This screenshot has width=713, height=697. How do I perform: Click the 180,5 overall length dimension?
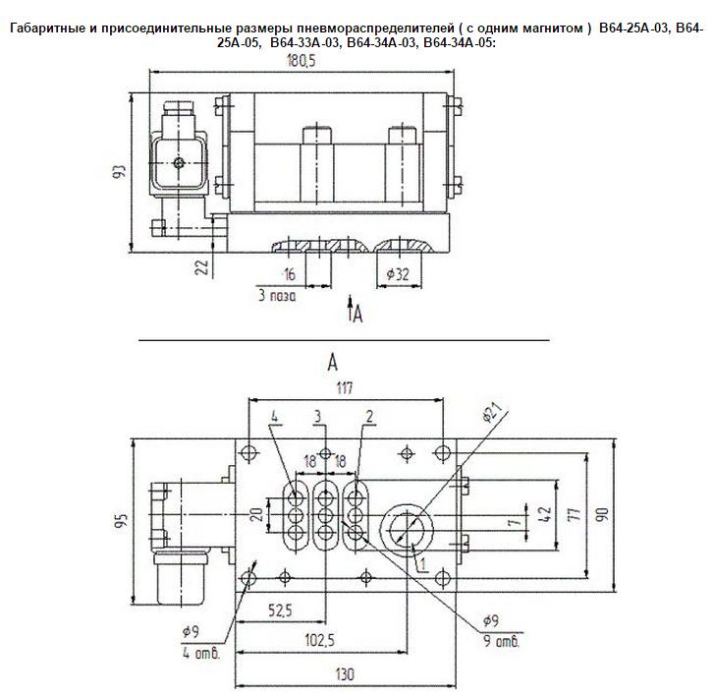[302, 61]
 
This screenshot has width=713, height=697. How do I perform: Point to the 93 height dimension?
[119, 172]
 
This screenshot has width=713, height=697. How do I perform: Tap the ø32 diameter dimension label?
[398, 274]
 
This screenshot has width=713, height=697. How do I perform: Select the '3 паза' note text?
[277, 296]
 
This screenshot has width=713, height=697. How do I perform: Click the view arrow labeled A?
[351, 309]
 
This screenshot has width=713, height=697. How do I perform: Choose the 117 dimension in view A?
[344, 388]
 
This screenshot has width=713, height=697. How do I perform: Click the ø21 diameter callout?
[492, 413]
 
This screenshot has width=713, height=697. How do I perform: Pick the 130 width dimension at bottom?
[344, 674]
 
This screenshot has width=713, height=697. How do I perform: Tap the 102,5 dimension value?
[319, 640]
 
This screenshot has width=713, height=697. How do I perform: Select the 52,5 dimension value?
[280, 610]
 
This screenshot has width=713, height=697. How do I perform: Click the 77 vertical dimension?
[575, 514]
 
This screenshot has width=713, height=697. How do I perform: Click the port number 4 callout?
[274, 417]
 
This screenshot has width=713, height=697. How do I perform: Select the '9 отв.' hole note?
[501, 642]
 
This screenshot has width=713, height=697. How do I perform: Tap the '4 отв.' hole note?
[201, 654]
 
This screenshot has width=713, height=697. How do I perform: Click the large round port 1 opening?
[407, 530]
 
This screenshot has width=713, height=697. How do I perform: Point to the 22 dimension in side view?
[201, 267]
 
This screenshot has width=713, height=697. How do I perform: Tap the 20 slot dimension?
[257, 514]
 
